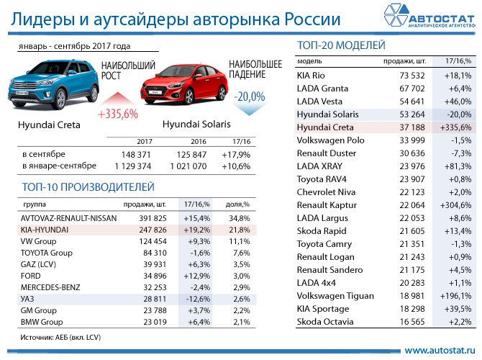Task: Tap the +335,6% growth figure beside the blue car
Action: tap(117, 114)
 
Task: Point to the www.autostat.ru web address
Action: tap(438, 350)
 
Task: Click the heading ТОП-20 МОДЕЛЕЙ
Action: tap(341, 46)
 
